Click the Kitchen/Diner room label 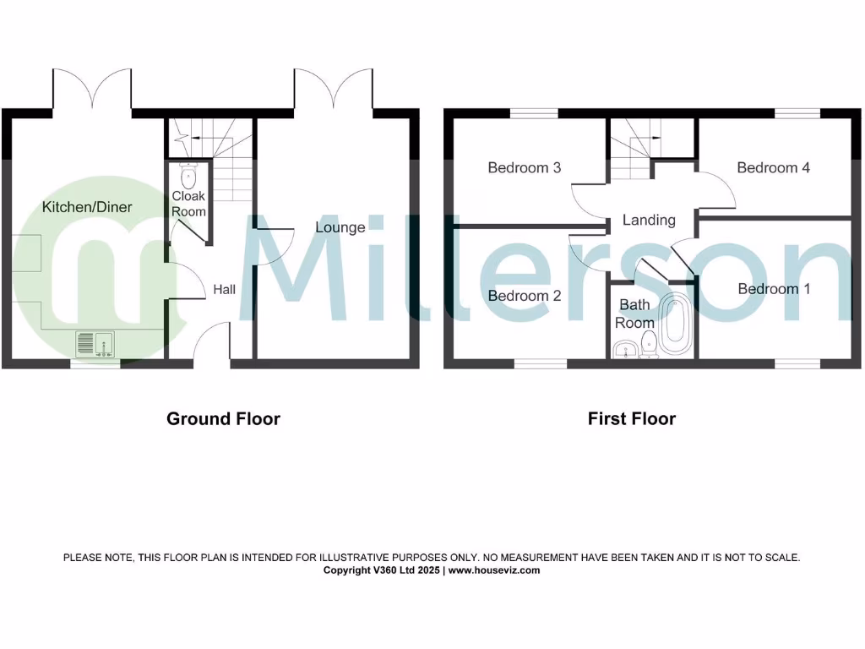click(x=87, y=207)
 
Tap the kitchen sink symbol click(x=95, y=344)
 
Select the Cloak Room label click(x=188, y=204)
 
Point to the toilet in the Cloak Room click(x=188, y=177)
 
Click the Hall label click(x=224, y=290)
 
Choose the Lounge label click(x=340, y=227)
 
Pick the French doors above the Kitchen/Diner click(x=92, y=89)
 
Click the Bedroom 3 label click(x=525, y=168)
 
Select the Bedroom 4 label click(x=773, y=168)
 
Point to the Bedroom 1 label click(x=774, y=289)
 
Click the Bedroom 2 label click(x=525, y=296)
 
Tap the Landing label click(x=649, y=221)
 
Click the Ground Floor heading click(x=223, y=418)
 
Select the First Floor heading click(x=632, y=418)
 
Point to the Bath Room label click(x=634, y=314)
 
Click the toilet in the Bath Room click(x=650, y=343)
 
